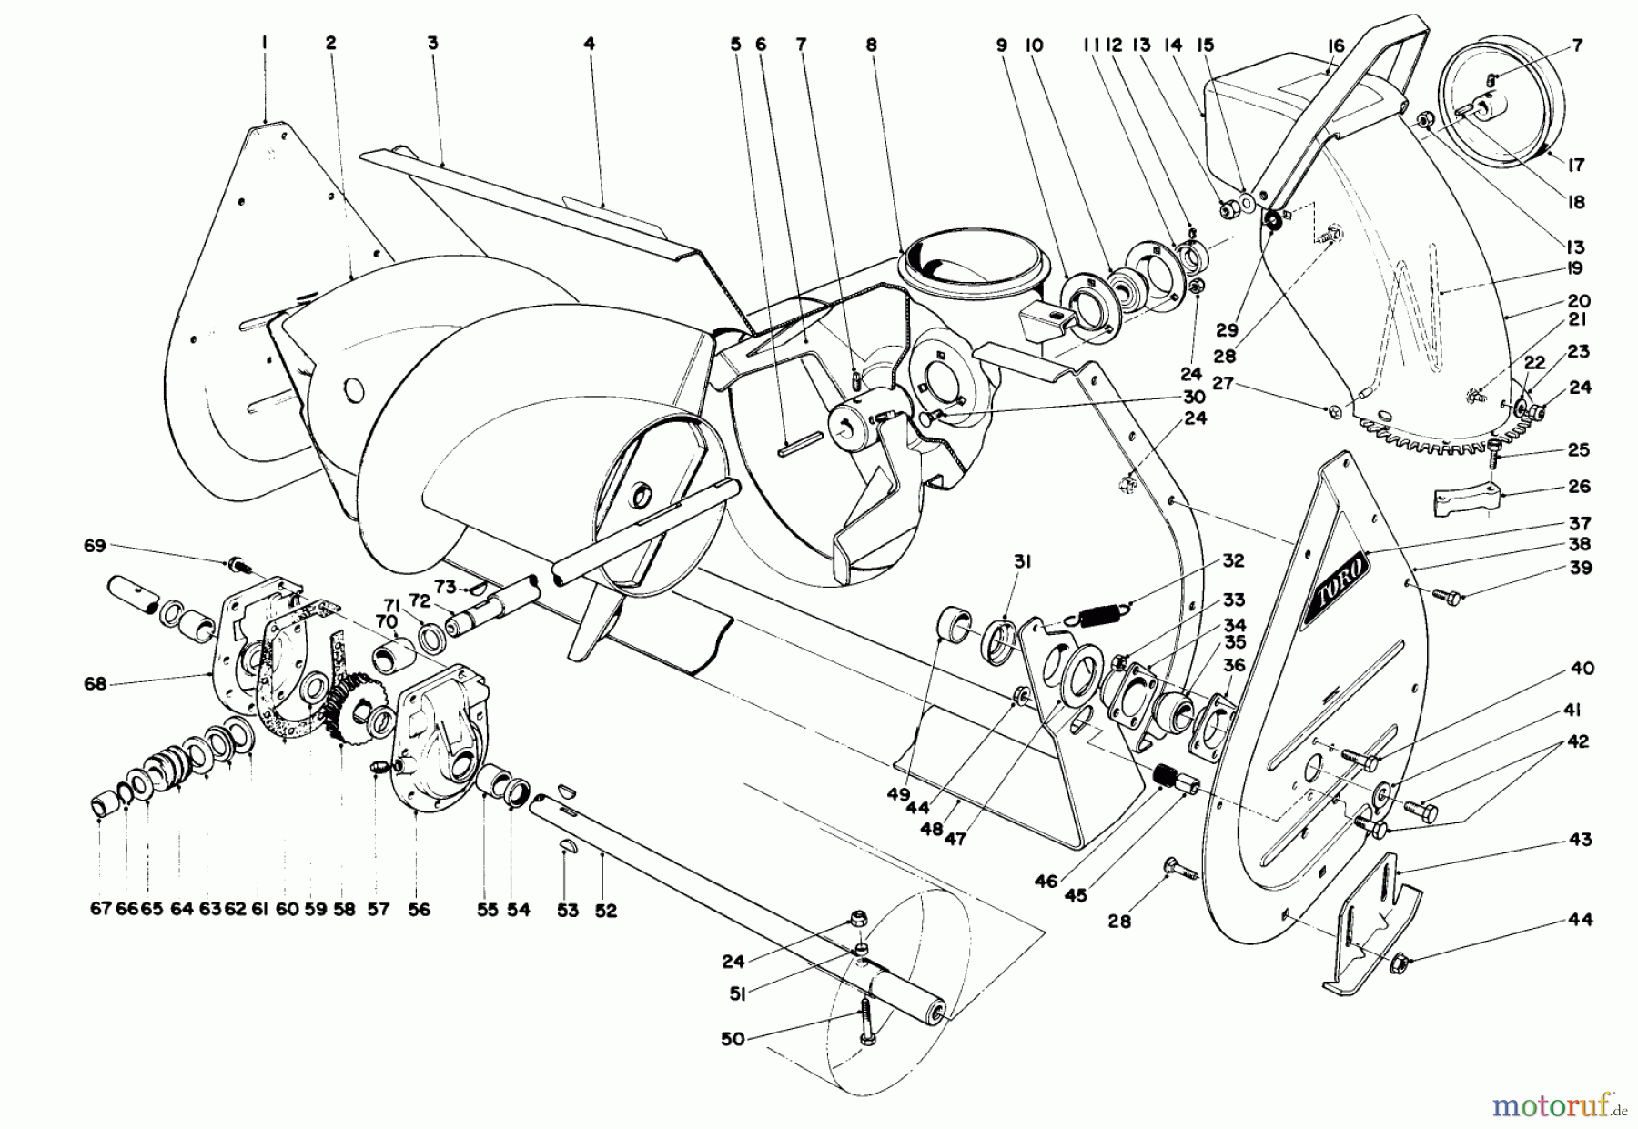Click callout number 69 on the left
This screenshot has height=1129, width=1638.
coord(94,546)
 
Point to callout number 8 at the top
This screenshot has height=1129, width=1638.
coord(871,44)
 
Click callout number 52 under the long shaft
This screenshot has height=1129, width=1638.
coord(605,910)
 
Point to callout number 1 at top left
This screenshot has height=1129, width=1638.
coord(264,42)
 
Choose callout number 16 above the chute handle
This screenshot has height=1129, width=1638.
coord(1335,45)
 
